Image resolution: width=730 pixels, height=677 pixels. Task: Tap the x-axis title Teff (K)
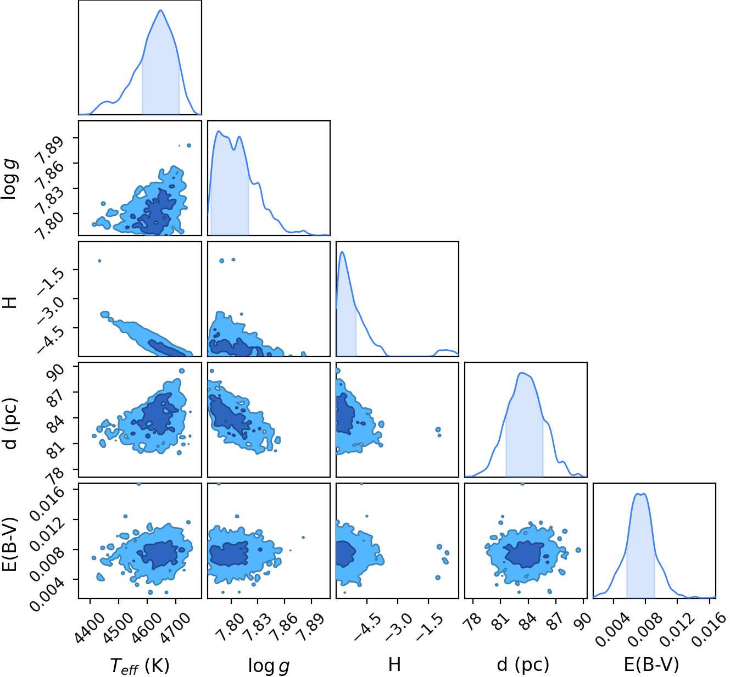point(140,665)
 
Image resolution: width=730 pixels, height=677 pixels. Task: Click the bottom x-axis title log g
point(269,665)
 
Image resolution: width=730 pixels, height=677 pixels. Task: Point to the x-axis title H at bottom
point(394,664)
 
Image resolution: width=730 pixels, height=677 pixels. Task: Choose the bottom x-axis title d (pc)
point(523,665)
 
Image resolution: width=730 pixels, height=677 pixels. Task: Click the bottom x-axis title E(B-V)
point(651,664)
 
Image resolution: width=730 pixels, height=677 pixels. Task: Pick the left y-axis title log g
point(10,178)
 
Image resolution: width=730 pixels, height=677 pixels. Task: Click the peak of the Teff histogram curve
point(160,10)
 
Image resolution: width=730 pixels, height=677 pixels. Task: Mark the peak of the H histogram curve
point(342,252)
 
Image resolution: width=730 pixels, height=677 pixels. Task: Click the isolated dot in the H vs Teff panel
point(99,261)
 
